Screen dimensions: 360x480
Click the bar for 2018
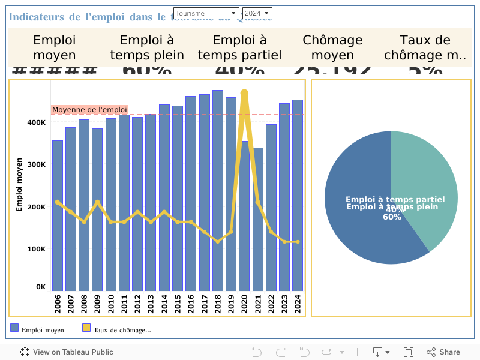pos(218,192)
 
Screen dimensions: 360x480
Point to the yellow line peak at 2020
pos(244,93)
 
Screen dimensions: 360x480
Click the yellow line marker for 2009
pos(97,202)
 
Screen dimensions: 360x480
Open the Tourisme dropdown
pos(206,13)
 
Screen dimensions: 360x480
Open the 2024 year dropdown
pos(257,13)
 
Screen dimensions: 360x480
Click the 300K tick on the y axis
pos(37,164)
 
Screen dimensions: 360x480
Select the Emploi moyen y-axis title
pos(19,184)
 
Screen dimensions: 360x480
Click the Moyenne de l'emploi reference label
pos(89,110)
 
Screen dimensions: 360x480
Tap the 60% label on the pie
pos(392,217)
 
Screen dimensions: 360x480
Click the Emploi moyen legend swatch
pos(14,328)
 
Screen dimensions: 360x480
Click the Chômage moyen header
pos(332,47)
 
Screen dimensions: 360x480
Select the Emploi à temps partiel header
pos(239,47)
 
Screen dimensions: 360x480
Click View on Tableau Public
pos(67,352)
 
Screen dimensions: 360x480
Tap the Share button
pos(443,352)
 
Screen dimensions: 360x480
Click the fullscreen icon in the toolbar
pos(409,352)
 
